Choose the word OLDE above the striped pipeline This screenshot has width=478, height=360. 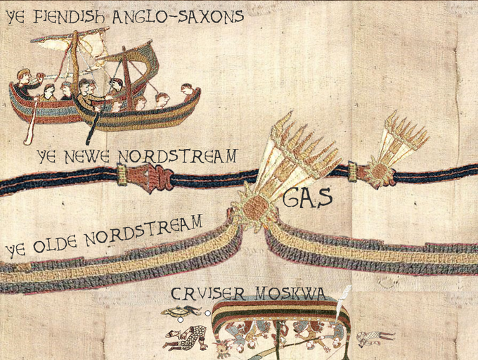(x=60, y=240)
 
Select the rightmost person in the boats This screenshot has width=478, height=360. (x=186, y=90)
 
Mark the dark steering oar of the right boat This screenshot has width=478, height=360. (x=93, y=127)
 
